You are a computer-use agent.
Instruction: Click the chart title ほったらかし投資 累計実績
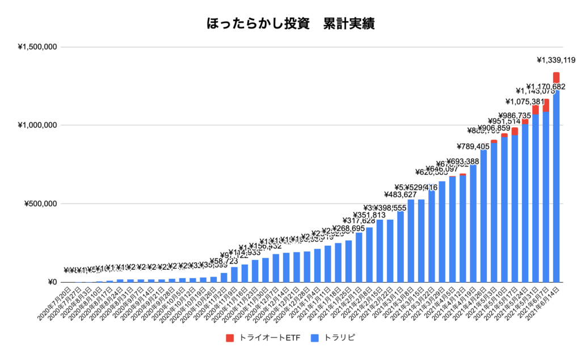[290, 24]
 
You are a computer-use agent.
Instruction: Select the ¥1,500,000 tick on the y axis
[37, 47]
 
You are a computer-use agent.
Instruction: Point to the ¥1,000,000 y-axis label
[37, 125]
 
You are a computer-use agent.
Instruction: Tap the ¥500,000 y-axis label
[40, 204]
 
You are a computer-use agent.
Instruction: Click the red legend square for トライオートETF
[229, 338]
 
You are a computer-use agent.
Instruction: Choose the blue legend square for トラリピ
[315, 338]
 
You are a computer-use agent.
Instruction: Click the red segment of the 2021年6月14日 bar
[556, 77]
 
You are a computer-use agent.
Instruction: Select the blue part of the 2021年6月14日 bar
[556, 187]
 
